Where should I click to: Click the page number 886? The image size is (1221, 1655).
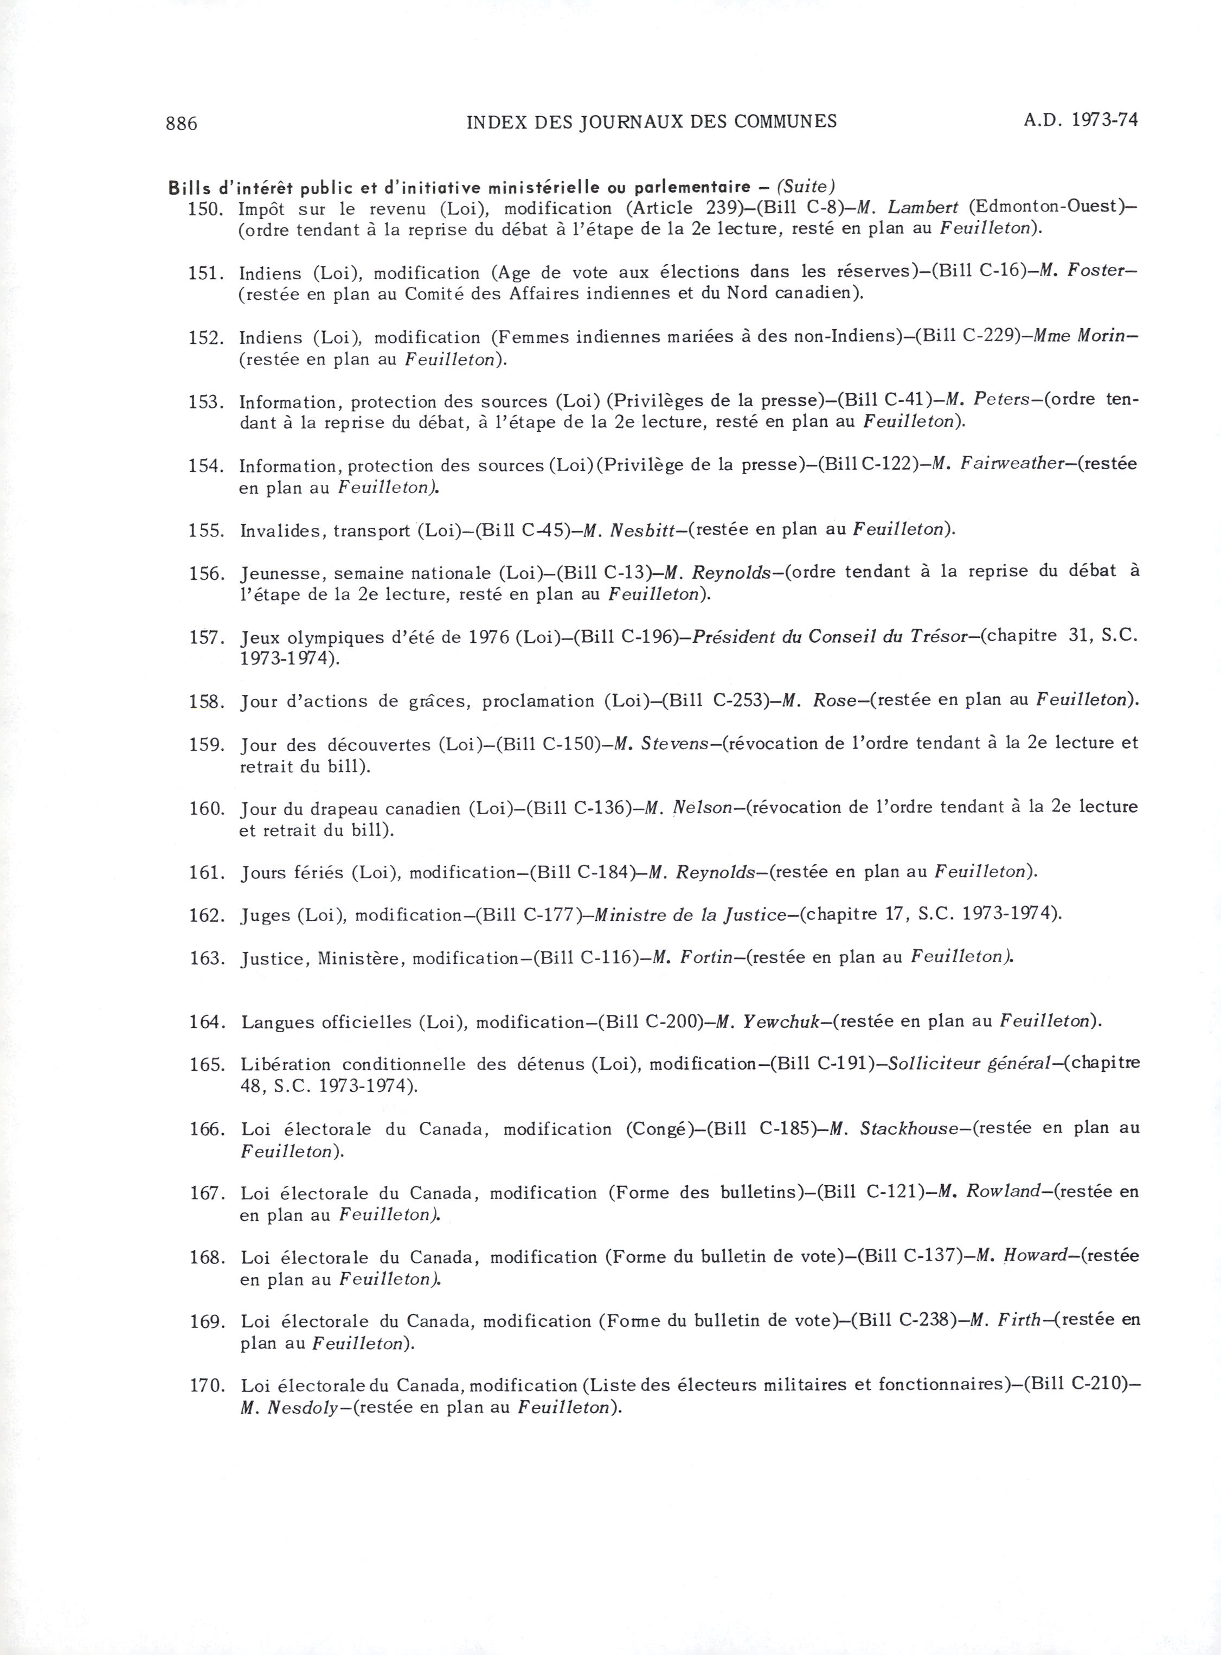coord(182,123)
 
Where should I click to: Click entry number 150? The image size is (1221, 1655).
coord(205,208)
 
